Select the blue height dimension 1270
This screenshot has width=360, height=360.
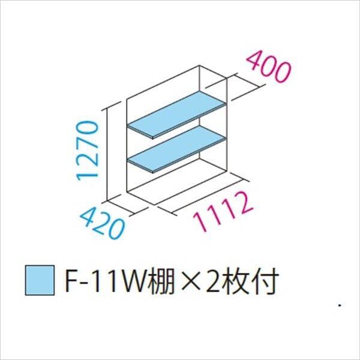(x=88, y=151)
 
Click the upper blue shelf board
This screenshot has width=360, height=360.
(x=177, y=115)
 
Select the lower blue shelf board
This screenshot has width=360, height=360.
(x=177, y=149)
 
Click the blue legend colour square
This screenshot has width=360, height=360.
(x=40, y=280)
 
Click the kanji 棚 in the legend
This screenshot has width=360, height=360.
(x=161, y=281)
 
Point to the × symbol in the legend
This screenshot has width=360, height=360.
(x=191, y=282)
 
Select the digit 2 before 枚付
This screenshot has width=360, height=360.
(x=214, y=281)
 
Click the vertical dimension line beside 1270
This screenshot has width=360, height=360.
(x=107, y=154)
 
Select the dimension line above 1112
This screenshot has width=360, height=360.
(x=203, y=194)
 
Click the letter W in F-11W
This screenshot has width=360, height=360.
(x=134, y=282)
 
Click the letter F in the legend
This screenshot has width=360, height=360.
(x=71, y=281)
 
